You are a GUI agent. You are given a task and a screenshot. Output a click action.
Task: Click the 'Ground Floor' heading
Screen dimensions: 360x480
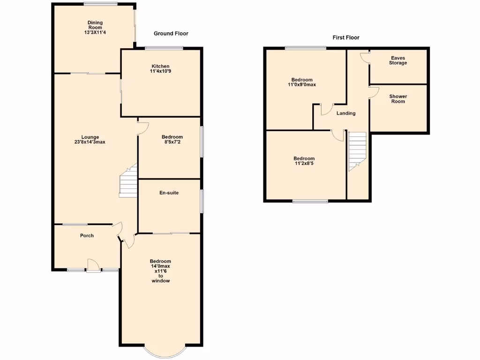click(171, 34)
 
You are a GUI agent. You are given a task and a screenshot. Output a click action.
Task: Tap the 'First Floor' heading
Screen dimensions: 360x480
click(346, 37)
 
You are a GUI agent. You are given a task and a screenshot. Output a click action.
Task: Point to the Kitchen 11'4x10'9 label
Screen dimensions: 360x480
click(160, 69)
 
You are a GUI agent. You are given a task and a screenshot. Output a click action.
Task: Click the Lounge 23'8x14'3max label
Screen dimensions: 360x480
click(89, 139)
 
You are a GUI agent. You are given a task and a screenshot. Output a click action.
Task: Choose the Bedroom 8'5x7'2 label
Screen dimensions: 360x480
click(170, 139)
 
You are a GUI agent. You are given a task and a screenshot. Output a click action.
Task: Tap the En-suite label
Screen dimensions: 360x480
click(169, 193)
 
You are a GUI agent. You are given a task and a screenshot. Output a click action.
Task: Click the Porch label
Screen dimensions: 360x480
click(87, 235)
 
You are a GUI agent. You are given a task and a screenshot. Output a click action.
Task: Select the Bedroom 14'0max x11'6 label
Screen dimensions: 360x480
click(160, 271)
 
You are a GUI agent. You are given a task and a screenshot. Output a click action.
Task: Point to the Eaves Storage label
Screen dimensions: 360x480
click(397, 60)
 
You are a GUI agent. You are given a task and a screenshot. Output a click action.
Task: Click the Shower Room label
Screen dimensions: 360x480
click(398, 99)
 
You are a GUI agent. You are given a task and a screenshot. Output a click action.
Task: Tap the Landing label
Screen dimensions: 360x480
click(346, 113)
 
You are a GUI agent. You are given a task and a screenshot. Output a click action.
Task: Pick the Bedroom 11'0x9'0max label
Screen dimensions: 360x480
click(301, 82)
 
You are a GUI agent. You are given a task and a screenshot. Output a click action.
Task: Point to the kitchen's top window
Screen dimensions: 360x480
click(164, 48)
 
